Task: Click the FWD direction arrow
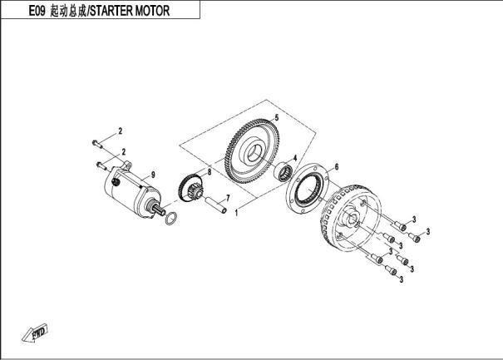click(x=35, y=332)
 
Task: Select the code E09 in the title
click(x=37, y=11)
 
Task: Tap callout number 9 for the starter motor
click(x=153, y=175)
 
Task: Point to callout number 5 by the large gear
click(x=277, y=118)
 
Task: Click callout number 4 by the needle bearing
click(x=295, y=158)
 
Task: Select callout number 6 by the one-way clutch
click(x=337, y=167)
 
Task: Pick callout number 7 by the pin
click(x=228, y=198)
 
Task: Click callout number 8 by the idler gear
click(x=210, y=172)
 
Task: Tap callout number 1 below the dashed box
click(x=236, y=213)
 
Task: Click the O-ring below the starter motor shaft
click(x=171, y=219)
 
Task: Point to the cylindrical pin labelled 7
click(x=215, y=205)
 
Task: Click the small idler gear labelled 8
click(x=190, y=187)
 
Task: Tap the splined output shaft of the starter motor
click(x=160, y=210)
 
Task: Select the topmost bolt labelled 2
click(x=97, y=144)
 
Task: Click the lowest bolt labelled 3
click(x=391, y=270)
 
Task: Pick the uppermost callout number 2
click(x=121, y=131)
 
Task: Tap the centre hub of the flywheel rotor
click(x=351, y=219)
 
